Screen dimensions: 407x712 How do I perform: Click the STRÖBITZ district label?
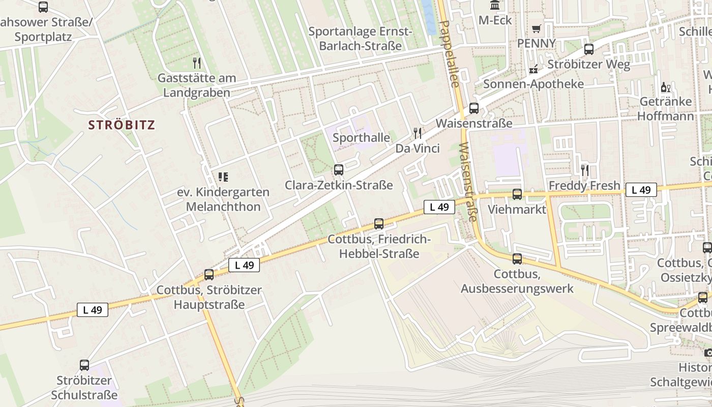(122, 125)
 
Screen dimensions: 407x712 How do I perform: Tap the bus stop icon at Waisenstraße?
(473, 108)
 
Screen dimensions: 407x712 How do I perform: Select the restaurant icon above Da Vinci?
(418, 133)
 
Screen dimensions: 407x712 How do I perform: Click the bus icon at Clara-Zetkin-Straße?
(339, 170)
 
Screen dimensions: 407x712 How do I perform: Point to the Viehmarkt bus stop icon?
(517, 194)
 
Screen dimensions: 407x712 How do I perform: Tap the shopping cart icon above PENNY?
(536, 28)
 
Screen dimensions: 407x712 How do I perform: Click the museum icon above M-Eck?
(494, 6)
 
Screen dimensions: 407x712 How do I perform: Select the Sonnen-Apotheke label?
(533, 84)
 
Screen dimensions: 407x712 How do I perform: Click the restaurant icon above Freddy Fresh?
(585, 170)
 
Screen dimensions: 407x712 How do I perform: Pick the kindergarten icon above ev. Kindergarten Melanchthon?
(223, 177)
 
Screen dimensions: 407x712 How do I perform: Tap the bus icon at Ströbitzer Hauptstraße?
(209, 275)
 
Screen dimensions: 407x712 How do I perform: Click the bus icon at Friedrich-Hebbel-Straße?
(379, 223)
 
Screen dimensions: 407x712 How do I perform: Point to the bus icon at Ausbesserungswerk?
(517, 259)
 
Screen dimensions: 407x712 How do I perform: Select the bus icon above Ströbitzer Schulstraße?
(84, 365)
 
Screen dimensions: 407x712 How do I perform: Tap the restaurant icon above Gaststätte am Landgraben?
(197, 63)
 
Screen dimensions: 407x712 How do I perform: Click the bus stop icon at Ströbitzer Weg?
(589, 49)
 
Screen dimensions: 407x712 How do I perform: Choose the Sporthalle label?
(361, 137)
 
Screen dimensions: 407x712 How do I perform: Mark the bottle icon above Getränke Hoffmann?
(666, 88)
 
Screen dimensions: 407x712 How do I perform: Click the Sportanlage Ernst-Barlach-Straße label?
(360, 39)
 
